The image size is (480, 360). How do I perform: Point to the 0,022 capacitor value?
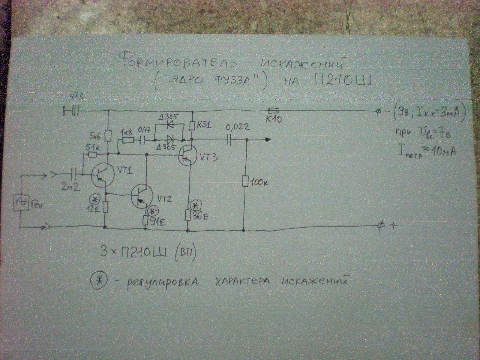click(237, 127)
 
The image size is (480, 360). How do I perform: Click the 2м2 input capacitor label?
click(70, 186)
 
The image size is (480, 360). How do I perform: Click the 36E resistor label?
click(201, 216)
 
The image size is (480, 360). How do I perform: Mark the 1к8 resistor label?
click(126, 133)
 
